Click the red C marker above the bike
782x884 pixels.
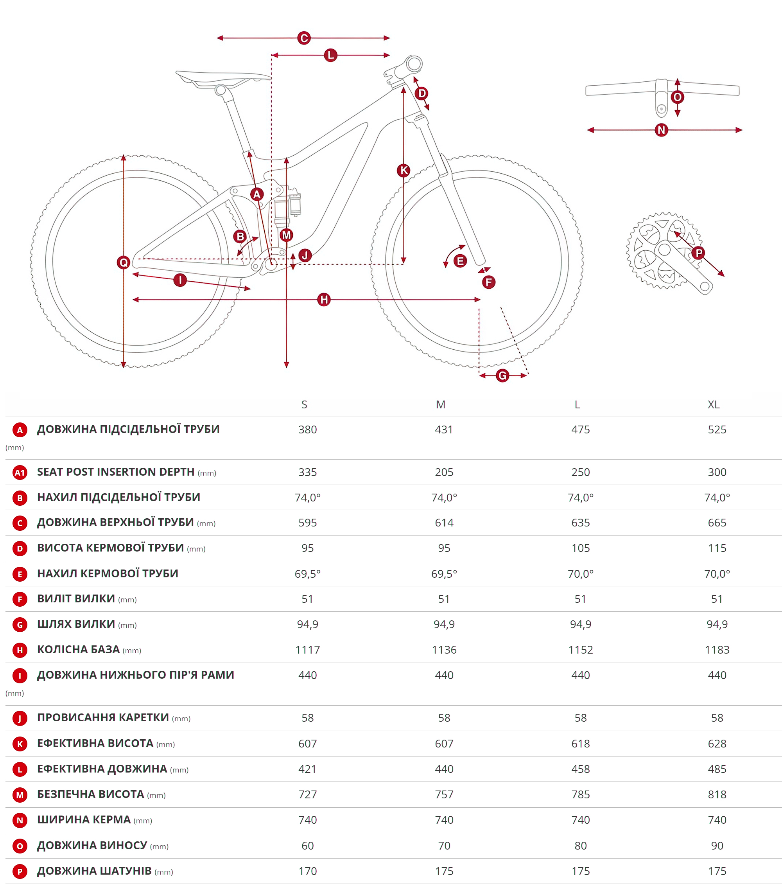(x=304, y=38)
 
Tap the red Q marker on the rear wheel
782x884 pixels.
(x=124, y=262)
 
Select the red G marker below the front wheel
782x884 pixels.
(x=502, y=376)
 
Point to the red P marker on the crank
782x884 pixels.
(x=699, y=253)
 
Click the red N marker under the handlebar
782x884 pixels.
(x=662, y=130)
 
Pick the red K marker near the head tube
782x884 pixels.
(x=404, y=171)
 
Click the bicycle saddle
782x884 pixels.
(x=223, y=79)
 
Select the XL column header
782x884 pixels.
(x=714, y=404)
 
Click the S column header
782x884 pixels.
(x=304, y=404)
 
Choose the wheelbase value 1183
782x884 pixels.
(x=717, y=650)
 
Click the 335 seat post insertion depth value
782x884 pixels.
(x=307, y=472)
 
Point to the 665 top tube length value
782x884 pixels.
(x=717, y=523)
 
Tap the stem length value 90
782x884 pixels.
(x=717, y=846)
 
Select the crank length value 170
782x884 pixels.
(x=307, y=871)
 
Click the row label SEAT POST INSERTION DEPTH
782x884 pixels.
(x=116, y=472)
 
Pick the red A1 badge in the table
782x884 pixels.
(x=20, y=472)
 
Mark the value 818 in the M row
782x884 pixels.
(x=717, y=794)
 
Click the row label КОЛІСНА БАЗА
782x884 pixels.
(x=78, y=650)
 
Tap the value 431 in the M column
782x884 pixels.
(x=444, y=429)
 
